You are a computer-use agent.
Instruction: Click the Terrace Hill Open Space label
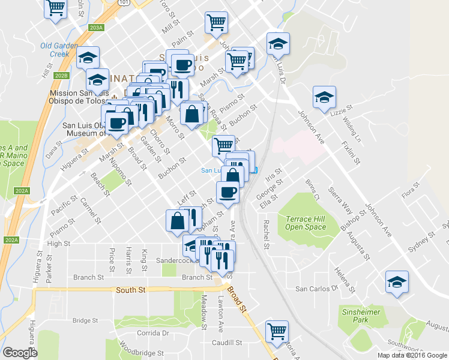[306, 223]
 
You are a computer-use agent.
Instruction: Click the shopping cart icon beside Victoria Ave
[277, 331]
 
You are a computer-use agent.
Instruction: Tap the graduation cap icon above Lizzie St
[324, 97]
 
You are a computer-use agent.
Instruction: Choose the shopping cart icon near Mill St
[216, 23]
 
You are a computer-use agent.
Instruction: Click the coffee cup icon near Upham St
[228, 191]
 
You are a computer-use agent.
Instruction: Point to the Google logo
[20, 353]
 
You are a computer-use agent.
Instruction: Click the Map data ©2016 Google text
[412, 355]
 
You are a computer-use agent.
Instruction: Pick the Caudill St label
[226, 343]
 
